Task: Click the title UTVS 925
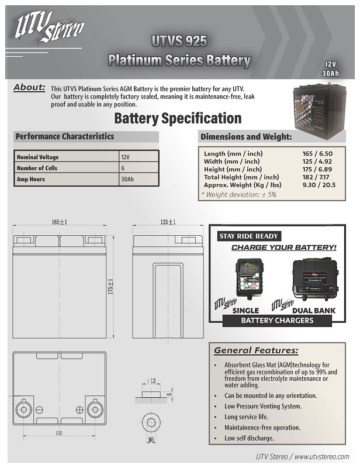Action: tap(179, 41)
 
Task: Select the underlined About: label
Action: tap(29, 88)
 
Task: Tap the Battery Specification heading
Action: tap(178, 119)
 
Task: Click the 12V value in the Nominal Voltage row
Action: tap(126, 157)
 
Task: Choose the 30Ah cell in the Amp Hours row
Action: tap(127, 179)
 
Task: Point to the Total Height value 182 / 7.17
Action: tap(310, 177)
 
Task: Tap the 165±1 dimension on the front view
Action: tap(60, 222)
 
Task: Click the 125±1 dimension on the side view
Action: tap(168, 222)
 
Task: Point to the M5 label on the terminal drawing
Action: tap(151, 438)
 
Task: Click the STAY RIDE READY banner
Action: tap(248, 236)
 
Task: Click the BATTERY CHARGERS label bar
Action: tap(277, 321)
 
